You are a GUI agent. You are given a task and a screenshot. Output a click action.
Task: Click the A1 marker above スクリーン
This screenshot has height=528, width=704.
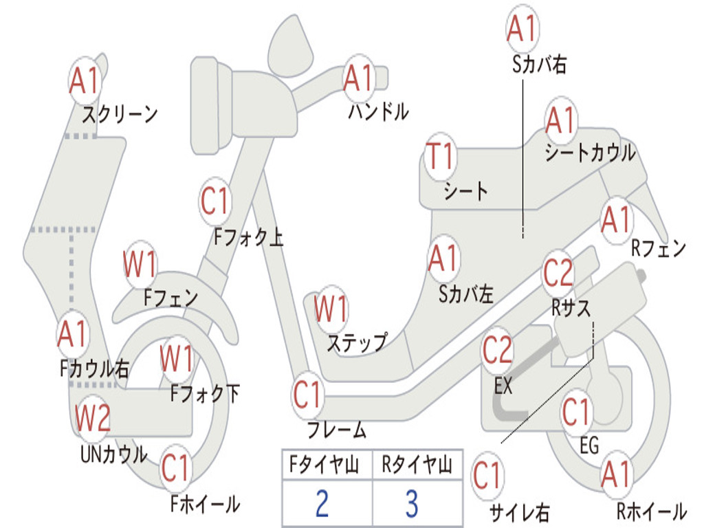(85, 81)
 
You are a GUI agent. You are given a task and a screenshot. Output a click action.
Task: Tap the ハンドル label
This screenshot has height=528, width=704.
(379, 111)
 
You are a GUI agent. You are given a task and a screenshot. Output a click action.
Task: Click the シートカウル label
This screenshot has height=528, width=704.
(590, 153)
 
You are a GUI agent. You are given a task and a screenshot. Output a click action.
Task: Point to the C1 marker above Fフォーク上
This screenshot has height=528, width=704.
(215, 201)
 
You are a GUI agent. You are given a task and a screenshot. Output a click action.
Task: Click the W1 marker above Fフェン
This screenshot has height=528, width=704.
(140, 264)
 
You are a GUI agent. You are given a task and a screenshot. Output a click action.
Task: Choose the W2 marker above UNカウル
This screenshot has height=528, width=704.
(93, 417)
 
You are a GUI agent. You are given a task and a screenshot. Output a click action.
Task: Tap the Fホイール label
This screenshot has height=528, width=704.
(205, 504)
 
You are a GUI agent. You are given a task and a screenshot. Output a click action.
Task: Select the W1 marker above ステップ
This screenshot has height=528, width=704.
(331, 309)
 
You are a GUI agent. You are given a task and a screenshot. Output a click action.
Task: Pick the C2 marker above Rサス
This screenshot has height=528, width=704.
(558, 273)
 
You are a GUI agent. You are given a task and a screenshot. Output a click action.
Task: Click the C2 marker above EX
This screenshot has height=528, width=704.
(497, 350)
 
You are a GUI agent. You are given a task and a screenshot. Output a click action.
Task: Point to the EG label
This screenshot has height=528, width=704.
(589, 445)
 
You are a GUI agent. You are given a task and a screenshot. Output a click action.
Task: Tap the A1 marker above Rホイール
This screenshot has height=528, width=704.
(617, 475)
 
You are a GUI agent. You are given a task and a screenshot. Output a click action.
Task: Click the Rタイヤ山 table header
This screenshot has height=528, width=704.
(417, 464)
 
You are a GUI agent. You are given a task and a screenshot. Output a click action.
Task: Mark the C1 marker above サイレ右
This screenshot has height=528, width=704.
(487, 476)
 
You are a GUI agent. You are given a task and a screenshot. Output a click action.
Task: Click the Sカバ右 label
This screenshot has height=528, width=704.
(539, 64)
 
